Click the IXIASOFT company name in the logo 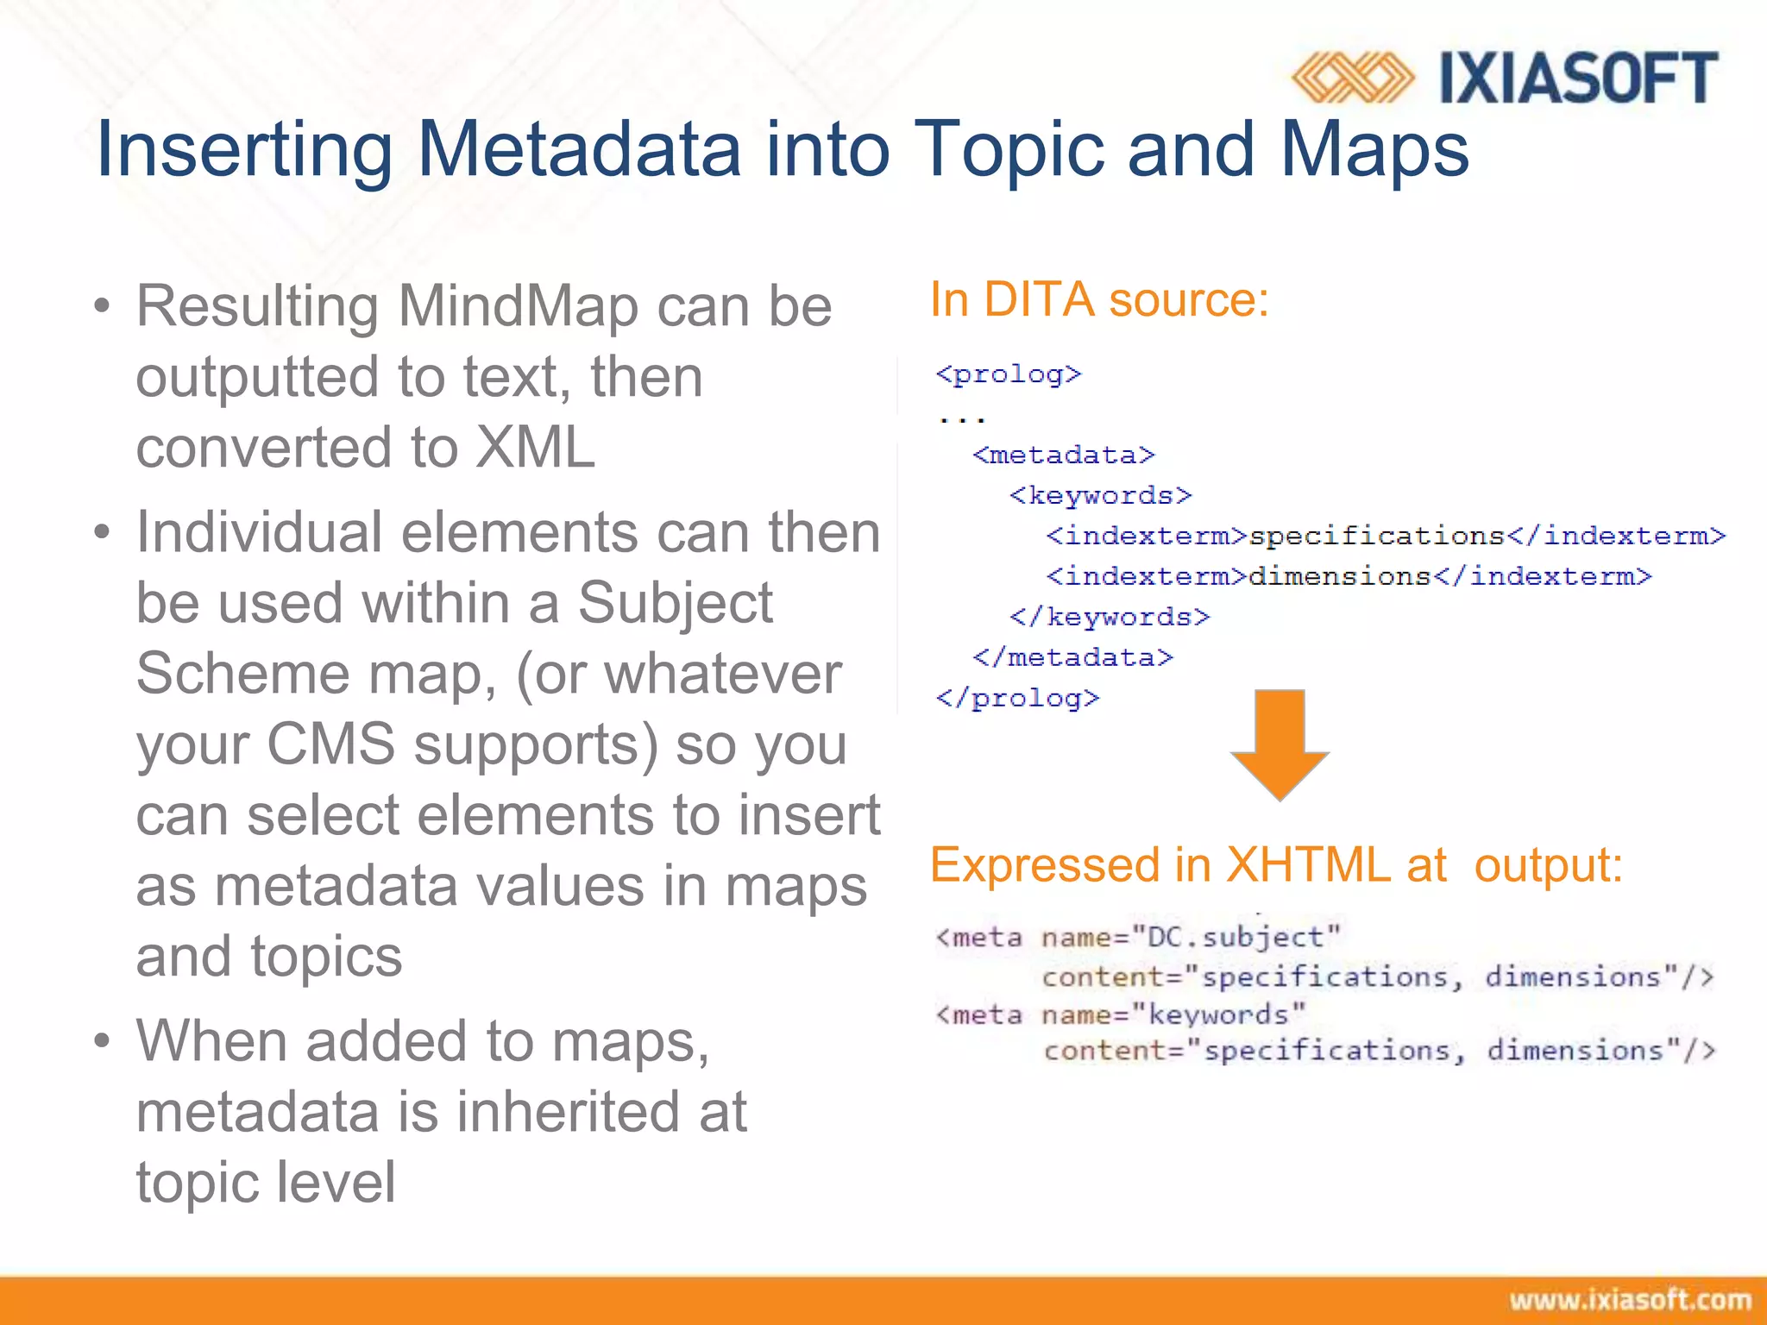point(1579,78)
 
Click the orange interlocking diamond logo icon point(1352,78)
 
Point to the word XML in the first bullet point(536,447)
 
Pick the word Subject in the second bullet point(675,602)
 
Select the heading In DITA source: point(1099,300)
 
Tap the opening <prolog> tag point(1009,374)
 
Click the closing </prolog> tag point(1018,698)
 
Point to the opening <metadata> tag point(1064,455)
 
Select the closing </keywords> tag point(1110,617)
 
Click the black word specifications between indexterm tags point(1376,536)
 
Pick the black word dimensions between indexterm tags point(1340,576)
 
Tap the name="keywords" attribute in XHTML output point(1173,1014)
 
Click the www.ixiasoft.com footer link point(1630,1300)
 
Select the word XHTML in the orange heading point(1308,864)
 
